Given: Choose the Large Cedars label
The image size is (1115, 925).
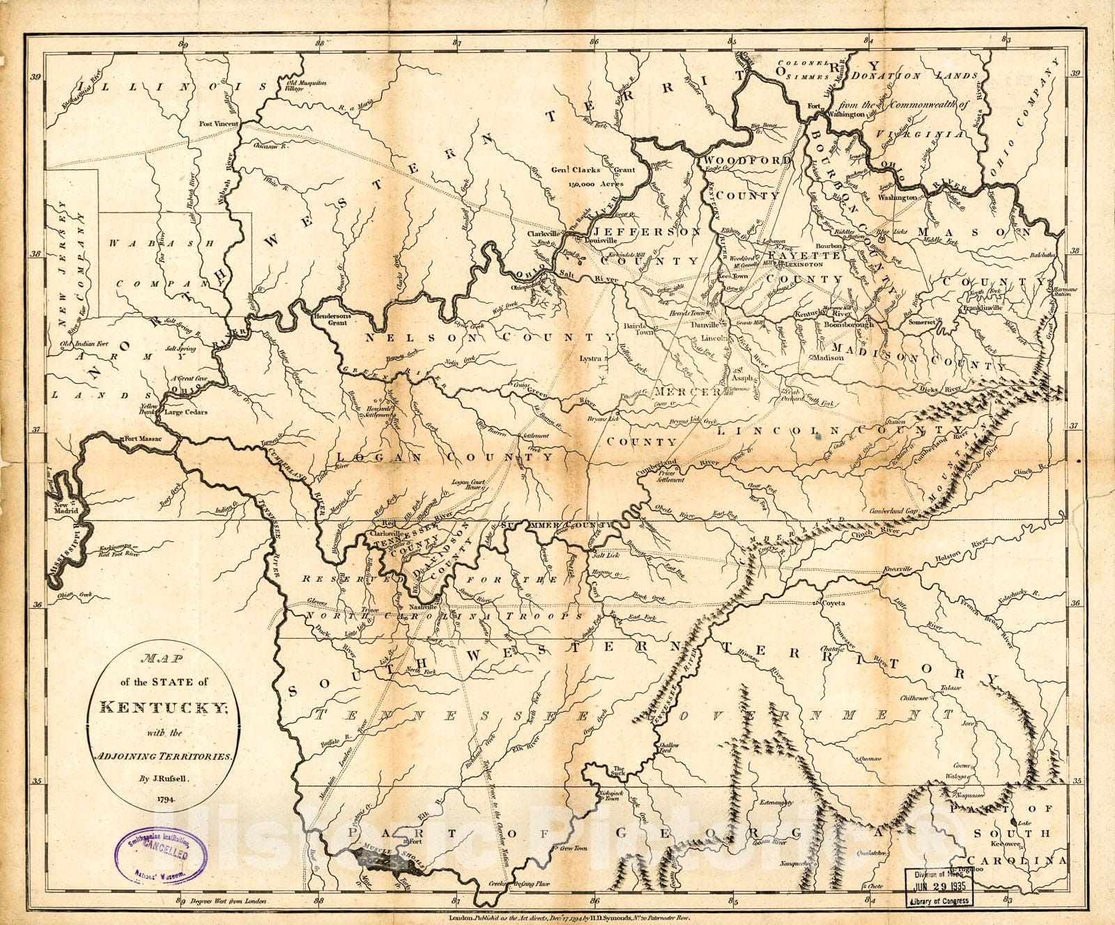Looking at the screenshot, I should point(187,412).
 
